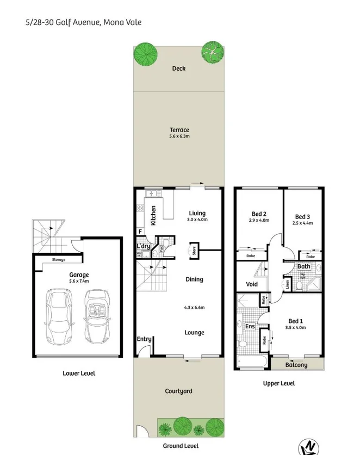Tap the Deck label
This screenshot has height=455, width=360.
pyautogui.click(x=179, y=68)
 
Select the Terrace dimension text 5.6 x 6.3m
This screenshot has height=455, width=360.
pyautogui.click(x=179, y=137)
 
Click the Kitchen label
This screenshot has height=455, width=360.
pyautogui.click(x=154, y=215)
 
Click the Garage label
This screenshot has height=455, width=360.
pyautogui.click(x=79, y=275)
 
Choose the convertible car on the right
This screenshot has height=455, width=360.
pyautogui.click(x=96, y=317)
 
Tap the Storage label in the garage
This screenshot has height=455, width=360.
pyautogui.click(x=59, y=260)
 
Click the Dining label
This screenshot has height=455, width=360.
pyautogui.click(x=194, y=279)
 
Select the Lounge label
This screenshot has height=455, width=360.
pyautogui.click(x=194, y=333)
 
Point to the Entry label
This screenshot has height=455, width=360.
pyautogui.click(x=144, y=339)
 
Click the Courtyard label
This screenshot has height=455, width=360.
pyautogui.click(x=179, y=391)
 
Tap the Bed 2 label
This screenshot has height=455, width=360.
pyautogui.click(x=258, y=214)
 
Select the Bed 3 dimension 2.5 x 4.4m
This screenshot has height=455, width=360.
pyautogui.click(x=303, y=223)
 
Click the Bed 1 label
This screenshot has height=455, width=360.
pyautogui.click(x=296, y=320)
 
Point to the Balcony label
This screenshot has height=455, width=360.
pyautogui.click(x=296, y=365)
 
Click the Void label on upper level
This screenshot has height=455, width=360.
pyautogui.click(x=251, y=284)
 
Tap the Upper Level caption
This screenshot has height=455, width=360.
pyautogui.click(x=279, y=383)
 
